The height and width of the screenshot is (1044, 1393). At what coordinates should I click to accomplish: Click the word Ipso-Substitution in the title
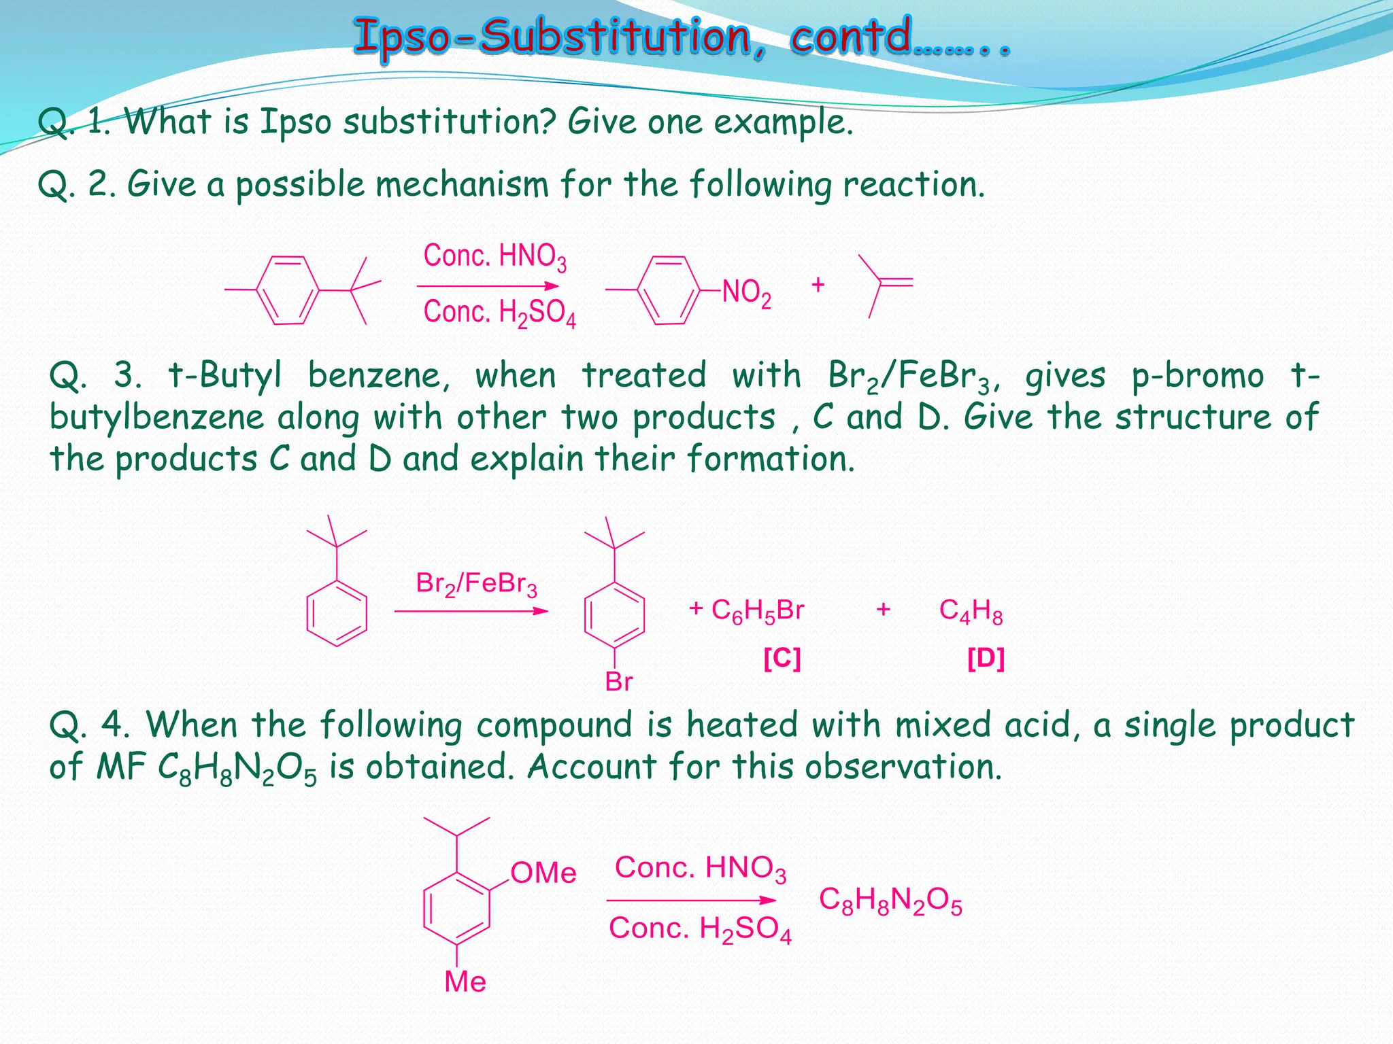551,37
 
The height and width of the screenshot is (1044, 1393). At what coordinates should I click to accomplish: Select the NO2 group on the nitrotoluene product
746,292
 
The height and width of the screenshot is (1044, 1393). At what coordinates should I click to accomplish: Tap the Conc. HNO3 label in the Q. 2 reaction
494,257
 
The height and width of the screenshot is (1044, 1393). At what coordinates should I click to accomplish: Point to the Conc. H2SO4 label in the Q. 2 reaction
499,313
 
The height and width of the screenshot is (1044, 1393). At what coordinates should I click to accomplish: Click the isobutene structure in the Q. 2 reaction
884,285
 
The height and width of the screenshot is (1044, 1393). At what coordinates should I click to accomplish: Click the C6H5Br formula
757,610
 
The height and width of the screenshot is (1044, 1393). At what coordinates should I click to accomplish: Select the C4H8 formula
971,610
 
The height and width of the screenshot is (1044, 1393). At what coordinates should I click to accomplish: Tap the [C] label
782,658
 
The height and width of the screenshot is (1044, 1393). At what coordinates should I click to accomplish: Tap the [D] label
986,658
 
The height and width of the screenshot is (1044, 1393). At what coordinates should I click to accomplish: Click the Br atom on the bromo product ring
618,682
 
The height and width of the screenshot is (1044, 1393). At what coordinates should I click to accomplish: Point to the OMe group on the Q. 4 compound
543,873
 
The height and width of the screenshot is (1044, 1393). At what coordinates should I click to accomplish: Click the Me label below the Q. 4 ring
465,981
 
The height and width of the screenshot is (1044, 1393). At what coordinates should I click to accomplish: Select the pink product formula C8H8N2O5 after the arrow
890,901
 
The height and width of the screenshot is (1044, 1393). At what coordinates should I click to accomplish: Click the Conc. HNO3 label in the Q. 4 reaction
700,869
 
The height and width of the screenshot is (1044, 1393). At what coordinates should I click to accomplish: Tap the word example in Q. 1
782,123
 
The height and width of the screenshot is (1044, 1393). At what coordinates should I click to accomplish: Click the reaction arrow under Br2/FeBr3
471,611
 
